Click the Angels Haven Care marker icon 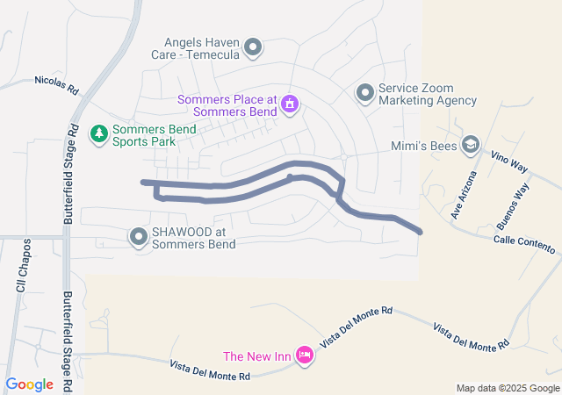coord(253,47)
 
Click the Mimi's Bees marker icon coord(471,145)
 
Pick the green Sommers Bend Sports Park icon coord(99,133)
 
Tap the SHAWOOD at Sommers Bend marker coord(139,237)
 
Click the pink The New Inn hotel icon coord(304,355)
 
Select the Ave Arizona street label coord(463,195)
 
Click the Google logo coord(29,384)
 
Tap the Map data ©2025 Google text coord(508,388)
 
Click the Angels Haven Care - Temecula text coord(201,47)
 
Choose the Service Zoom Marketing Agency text coord(428,94)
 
